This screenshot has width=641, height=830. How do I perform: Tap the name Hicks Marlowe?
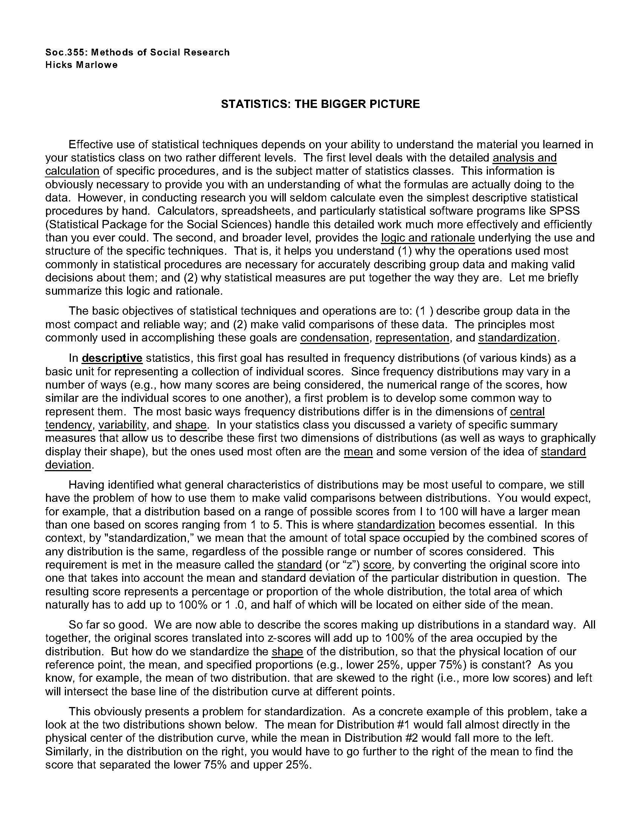81,65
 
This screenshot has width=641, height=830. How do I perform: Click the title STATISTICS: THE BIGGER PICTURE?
320,104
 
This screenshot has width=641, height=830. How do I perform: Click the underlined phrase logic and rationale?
428,238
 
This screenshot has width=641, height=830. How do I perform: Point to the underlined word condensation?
334,338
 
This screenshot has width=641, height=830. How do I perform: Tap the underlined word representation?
412,338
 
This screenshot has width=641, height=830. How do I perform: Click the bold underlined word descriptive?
112,358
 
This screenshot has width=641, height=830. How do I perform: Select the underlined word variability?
122,425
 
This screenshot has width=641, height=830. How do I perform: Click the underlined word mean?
358,452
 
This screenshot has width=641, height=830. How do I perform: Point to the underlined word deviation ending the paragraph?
68,465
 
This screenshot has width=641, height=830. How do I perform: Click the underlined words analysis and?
524,158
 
